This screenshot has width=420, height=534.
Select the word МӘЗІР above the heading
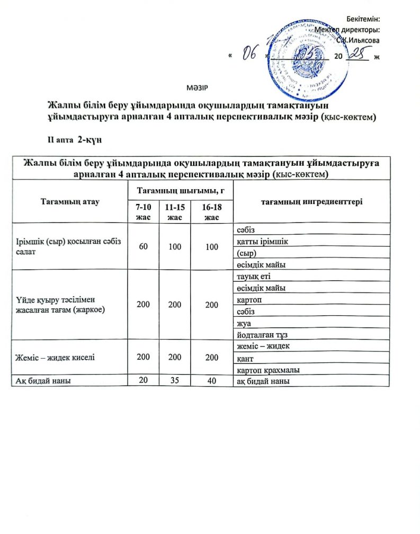(196, 86)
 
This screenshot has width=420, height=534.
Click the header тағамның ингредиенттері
(311, 202)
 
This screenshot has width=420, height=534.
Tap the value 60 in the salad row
(143, 247)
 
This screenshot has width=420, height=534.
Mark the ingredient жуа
(243, 323)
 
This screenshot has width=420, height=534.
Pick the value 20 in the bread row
(143, 380)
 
